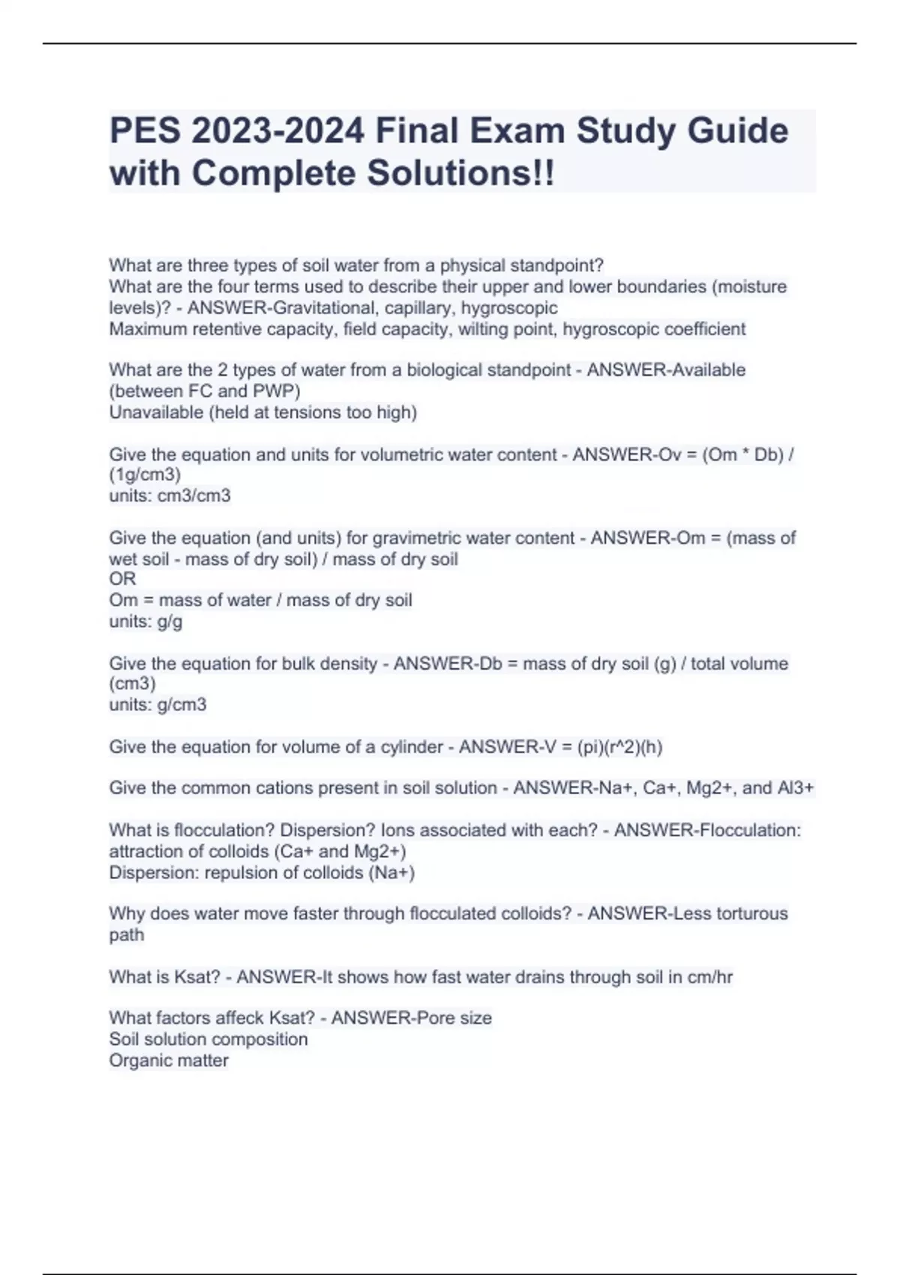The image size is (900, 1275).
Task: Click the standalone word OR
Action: [x=122, y=579]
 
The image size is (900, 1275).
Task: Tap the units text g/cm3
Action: [x=181, y=705]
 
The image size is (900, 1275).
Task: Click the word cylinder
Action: [x=412, y=747]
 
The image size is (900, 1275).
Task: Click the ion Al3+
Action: [x=796, y=788]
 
